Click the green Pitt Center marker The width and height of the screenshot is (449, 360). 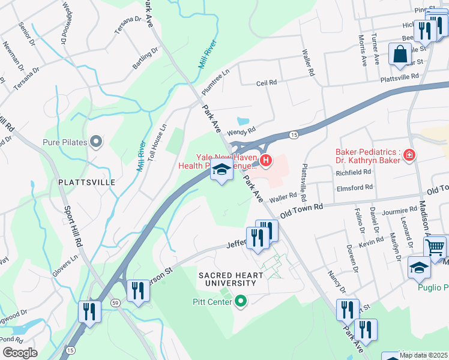point(241,301)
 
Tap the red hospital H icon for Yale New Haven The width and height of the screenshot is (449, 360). point(265,161)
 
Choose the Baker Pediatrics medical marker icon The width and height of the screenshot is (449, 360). point(409,156)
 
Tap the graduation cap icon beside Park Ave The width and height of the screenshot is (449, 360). point(221,170)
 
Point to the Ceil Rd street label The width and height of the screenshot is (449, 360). point(267,83)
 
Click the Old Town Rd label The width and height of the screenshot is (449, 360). point(302,209)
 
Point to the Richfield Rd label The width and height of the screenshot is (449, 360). point(354,172)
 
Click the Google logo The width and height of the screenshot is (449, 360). point(20,353)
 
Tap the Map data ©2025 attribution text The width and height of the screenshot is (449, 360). point(423,355)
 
